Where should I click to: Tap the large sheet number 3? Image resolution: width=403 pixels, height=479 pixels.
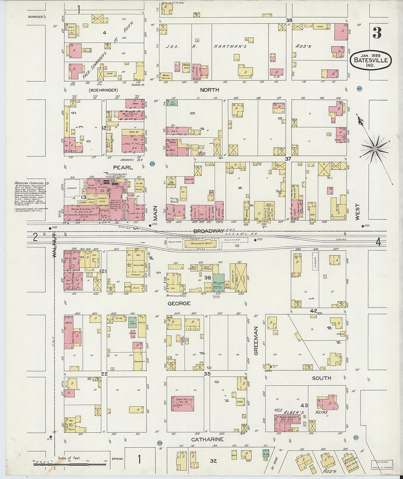click(x=377, y=33)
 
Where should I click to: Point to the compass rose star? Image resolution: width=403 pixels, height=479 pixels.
click(x=375, y=149)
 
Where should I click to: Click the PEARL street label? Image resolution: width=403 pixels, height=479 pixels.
click(x=122, y=167)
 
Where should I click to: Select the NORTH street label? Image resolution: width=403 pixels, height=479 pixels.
click(x=209, y=90)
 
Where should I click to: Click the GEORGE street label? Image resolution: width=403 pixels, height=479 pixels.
click(x=179, y=304)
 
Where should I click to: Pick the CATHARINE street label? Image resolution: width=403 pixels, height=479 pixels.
click(x=207, y=439)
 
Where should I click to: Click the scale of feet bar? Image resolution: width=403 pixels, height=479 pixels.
click(x=70, y=464)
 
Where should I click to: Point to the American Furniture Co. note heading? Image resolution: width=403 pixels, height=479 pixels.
click(x=32, y=183)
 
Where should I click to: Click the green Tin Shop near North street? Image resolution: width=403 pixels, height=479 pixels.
click(x=172, y=103)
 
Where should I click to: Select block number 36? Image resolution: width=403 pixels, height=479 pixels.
click(x=208, y=278)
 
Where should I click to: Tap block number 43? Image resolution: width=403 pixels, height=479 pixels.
click(x=304, y=405)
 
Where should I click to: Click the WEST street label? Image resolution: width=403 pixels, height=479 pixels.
click(x=357, y=212)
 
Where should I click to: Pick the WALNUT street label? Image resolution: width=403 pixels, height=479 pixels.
click(x=54, y=246)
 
